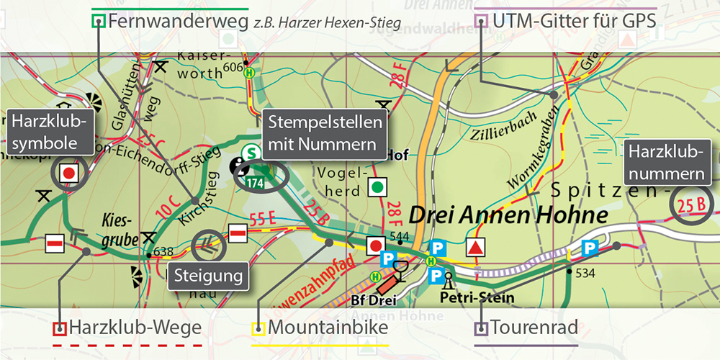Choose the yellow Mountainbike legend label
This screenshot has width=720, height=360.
328,328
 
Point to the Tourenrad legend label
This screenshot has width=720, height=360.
534,328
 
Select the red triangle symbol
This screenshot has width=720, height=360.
475,248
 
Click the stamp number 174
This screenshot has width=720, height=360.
254,184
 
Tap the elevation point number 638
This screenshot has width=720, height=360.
163,252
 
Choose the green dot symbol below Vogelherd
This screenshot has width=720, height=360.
376,188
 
